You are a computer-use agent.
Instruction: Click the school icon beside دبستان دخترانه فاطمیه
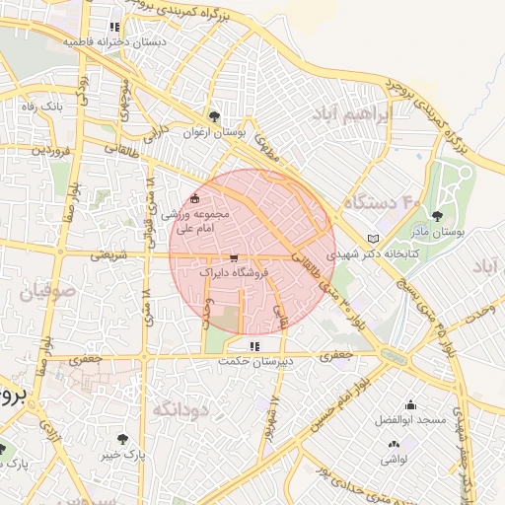pos(115,28)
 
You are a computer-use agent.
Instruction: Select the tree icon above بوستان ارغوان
pos(215,115)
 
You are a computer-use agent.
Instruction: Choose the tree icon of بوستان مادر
pos(437,216)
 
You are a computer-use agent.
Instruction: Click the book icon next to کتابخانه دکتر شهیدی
pos(372,239)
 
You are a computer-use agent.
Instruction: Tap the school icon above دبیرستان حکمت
pos(255,346)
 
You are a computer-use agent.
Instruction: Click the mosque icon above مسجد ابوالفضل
pos(411,404)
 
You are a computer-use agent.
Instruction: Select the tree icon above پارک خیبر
pos(122,438)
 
